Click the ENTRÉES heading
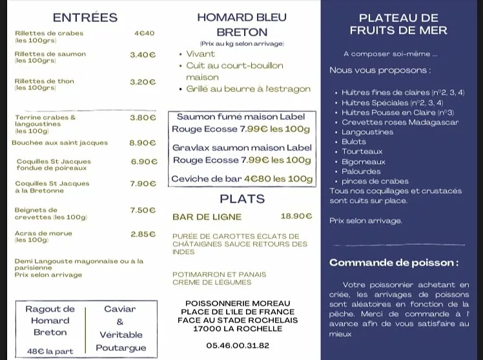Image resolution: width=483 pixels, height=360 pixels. (x=85, y=17)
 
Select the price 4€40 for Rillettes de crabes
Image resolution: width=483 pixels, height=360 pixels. (x=145, y=33)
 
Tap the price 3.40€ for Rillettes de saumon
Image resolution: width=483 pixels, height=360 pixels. (x=143, y=55)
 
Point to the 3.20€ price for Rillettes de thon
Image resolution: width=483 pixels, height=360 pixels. (x=143, y=82)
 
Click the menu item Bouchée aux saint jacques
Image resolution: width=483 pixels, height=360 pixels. (x=60, y=143)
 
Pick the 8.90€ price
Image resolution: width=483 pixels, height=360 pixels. (x=143, y=143)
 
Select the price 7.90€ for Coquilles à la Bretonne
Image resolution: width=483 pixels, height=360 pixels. (x=143, y=184)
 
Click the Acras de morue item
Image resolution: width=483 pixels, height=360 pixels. (x=44, y=233)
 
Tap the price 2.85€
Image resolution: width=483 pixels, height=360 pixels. (x=143, y=234)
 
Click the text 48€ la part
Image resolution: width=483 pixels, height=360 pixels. (x=50, y=352)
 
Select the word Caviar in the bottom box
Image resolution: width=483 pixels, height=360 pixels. (x=120, y=309)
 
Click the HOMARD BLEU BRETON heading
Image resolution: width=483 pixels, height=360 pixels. (x=241, y=25)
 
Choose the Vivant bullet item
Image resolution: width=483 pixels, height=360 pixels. (x=200, y=54)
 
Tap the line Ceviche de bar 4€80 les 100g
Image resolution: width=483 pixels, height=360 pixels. (x=241, y=179)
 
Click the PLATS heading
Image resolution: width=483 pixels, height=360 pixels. (x=242, y=198)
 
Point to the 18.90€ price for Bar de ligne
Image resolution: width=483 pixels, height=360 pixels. (x=296, y=217)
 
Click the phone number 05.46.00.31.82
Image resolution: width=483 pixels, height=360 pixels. (x=238, y=346)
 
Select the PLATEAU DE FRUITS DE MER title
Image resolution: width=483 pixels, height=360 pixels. (x=398, y=24)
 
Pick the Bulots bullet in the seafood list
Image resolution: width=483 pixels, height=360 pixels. (x=354, y=142)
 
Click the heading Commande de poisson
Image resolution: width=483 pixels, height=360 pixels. (x=394, y=263)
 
